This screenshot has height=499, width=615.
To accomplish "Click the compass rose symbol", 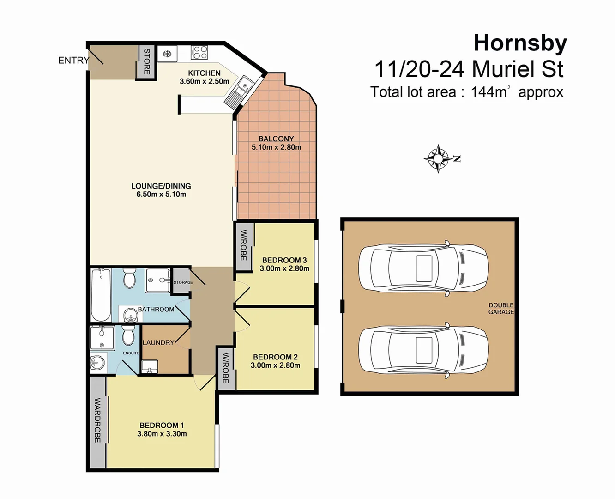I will coord(438,158).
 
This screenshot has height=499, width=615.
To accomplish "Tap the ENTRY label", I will coord(73,60).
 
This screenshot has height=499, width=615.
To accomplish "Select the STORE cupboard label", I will coord(147,61).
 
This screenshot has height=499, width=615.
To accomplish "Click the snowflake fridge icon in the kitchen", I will coord(167,54).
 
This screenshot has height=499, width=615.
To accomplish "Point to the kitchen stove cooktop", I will coord(199,52).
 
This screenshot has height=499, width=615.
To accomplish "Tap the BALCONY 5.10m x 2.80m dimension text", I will coord(276,147).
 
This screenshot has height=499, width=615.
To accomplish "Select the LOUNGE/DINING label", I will coord(161,186).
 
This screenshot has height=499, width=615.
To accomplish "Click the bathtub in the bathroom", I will coord(101,294).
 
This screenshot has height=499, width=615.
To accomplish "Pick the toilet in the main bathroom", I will coord(129,278).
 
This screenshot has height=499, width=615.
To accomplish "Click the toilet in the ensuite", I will coord(128,335).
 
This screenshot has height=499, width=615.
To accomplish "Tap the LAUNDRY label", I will coord(158,342).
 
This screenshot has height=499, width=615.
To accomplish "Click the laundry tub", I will coord(150,366).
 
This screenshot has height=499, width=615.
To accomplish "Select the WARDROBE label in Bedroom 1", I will coord(97,420).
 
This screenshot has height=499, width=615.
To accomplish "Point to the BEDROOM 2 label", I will coord(275,357).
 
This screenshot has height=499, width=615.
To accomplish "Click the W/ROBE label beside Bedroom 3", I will coord(243,245).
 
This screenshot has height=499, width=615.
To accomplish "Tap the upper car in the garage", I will coord(423,268).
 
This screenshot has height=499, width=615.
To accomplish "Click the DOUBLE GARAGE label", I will coord(501,309).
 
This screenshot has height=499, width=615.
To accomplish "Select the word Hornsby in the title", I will coord(520,43).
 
